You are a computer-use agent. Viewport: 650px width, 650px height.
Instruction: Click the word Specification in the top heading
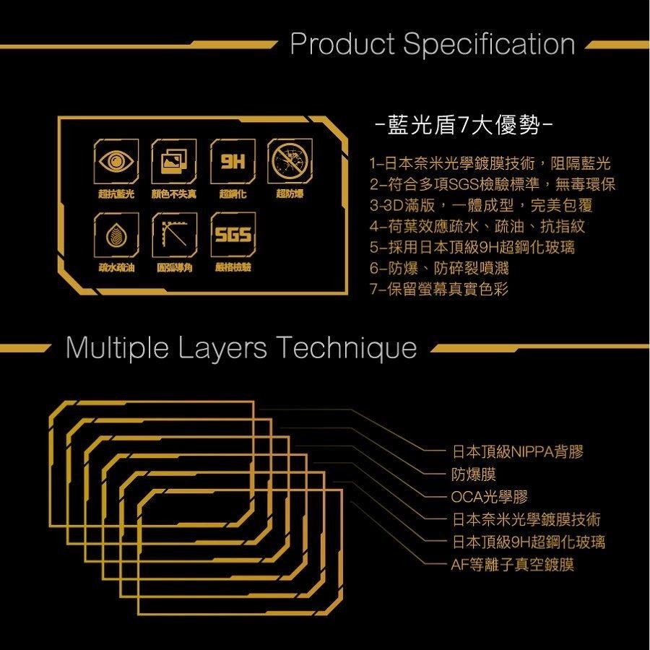coord(489,45)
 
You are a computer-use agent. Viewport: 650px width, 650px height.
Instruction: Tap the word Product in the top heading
coord(342,45)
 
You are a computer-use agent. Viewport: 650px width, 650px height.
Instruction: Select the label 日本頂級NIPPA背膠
coord(517,453)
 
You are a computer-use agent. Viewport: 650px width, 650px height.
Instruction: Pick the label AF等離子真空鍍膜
coord(512,564)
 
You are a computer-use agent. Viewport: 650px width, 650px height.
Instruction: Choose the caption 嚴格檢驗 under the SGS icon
coord(232,268)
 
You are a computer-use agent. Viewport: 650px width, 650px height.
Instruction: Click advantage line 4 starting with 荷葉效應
coord(477,226)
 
